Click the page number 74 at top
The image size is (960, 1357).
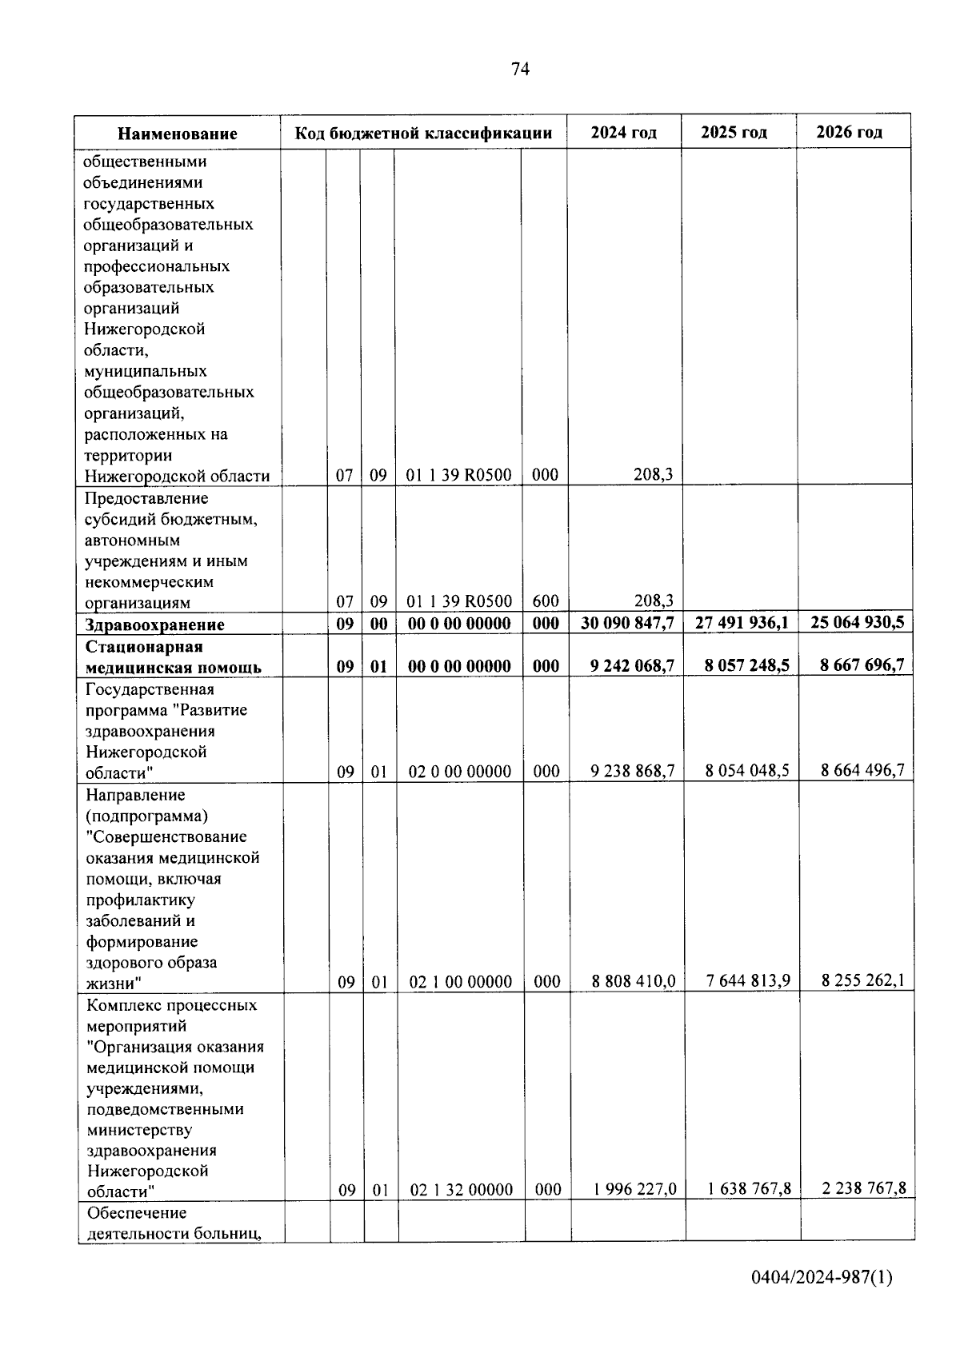[x=519, y=70]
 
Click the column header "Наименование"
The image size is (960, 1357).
[x=178, y=134]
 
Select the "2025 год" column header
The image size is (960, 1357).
[x=734, y=132]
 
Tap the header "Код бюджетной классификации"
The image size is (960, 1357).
[x=423, y=133]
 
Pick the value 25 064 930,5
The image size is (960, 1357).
[x=857, y=622]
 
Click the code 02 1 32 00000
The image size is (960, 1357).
[x=462, y=1190]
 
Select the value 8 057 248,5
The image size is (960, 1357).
[x=742, y=665]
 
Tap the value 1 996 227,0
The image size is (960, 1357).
[x=634, y=1189]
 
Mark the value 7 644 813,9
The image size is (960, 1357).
[x=748, y=980]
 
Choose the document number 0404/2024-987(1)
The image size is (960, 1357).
[x=822, y=1277]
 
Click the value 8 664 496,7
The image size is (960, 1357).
[x=862, y=770]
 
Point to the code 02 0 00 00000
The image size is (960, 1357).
[x=460, y=772]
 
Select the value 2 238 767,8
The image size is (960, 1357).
[x=863, y=1188]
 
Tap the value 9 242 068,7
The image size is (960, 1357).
[x=632, y=665]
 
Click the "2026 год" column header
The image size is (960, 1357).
[x=849, y=132]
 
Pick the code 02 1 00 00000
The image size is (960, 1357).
[x=461, y=982]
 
